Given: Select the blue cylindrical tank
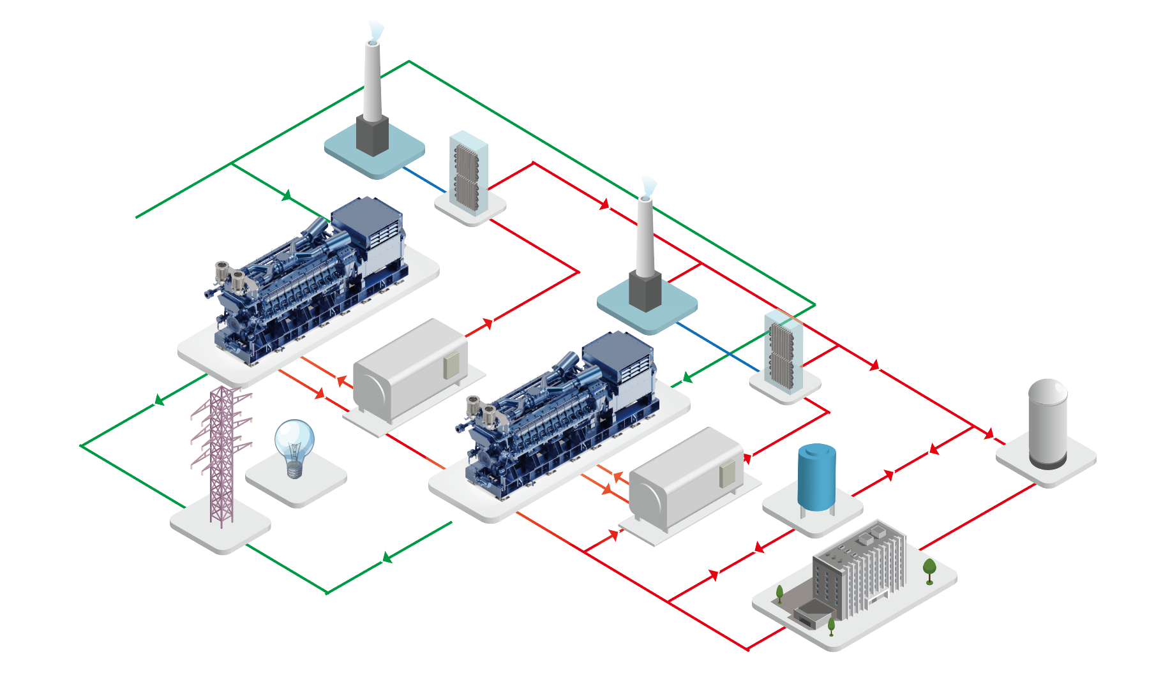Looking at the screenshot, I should click(817, 477).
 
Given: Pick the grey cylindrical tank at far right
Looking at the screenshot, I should click(1047, 424).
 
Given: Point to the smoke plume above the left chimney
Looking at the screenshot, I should click(376, 29).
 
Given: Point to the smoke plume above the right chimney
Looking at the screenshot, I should click(649, 185).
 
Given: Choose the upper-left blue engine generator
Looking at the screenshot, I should click(306, 281).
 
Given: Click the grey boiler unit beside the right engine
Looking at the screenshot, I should click(686, 478).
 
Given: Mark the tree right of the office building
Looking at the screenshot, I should click(929, 569).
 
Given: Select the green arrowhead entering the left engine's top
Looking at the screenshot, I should click(287, 195).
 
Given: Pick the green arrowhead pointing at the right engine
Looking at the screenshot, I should click(687, 378).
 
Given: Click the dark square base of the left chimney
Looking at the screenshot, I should click(372, 135).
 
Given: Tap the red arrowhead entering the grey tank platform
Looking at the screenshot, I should click(989, 434).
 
